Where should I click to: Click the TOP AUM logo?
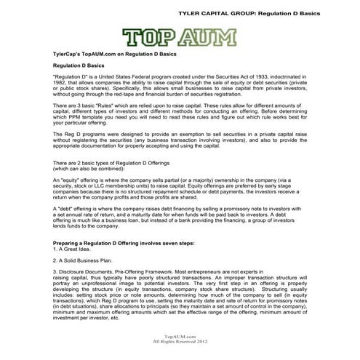click(179, 36)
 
